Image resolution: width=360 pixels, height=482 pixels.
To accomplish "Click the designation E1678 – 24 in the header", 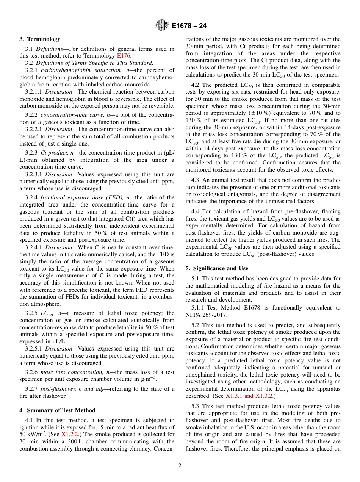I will [189, 26].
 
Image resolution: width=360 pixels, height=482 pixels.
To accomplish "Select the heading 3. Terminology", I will [40, 39].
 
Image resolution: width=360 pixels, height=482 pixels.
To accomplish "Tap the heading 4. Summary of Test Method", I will [57, 410].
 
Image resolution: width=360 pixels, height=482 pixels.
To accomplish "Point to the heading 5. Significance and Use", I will [217, 268].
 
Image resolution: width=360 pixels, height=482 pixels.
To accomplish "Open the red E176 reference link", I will [124, 56].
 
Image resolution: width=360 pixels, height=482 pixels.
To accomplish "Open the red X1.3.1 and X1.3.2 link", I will [249, 396].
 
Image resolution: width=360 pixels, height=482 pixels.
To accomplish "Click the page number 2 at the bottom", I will [180, 466].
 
